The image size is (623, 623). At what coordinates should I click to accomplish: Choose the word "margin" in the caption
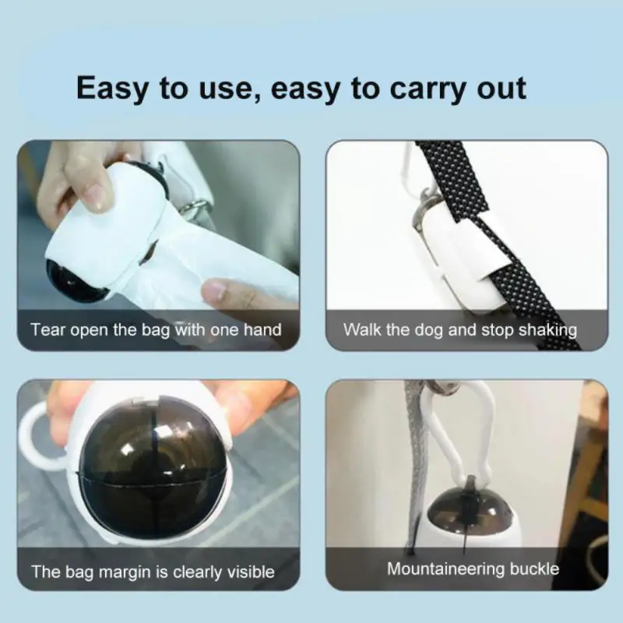pos(129,572)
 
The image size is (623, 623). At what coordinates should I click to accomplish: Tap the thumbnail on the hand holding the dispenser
pos(97,195)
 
